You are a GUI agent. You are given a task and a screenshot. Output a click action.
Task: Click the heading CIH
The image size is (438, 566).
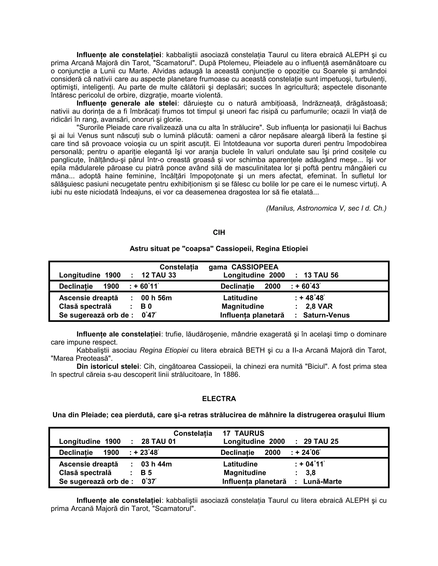point(219,232)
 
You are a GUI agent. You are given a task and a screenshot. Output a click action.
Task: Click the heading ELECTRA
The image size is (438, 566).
point(219,399)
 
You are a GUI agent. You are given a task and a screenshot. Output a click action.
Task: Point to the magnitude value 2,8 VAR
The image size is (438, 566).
point(319,306)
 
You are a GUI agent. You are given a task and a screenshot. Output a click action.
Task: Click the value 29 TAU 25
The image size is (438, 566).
point(321,441)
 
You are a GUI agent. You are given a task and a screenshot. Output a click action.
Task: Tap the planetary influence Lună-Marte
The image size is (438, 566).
point(322,481)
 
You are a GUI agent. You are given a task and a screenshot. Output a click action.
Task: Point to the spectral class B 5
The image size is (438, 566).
point(146,473)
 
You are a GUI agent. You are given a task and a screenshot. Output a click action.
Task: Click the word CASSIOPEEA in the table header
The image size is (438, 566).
point(255,267)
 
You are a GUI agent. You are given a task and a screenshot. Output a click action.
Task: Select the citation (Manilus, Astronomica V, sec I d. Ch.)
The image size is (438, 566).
point(326,208)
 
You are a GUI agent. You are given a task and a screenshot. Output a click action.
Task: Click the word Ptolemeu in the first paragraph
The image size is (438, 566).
point(234,63)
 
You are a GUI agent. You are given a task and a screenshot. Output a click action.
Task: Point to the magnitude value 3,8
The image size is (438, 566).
point(310,473)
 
